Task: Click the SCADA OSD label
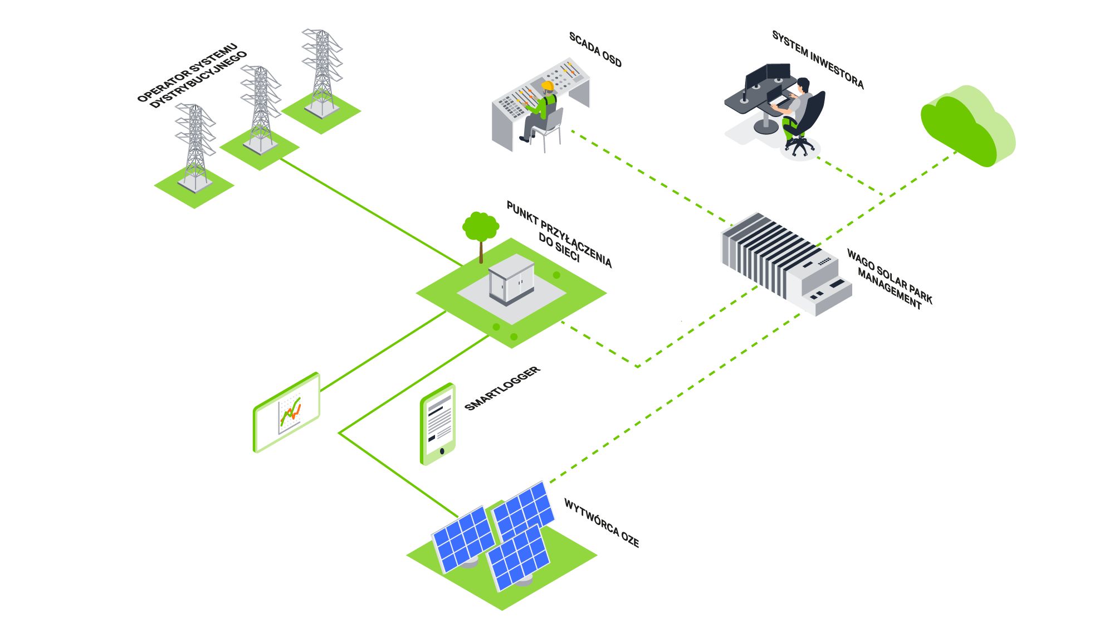[x=595, y=50]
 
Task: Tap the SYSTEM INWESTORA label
[x=818, y=60]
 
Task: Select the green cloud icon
[x=968, y=126]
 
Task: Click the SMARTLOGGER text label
[x=502, y=388]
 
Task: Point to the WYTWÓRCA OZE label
[x=602, y=523]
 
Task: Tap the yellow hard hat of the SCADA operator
[x=548, y=86]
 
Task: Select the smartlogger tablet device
[x=438, y=424]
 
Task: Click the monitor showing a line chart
[x=286, y=412]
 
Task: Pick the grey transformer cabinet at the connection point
[x=511, y=279]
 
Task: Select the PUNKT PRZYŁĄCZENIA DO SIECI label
[x=559, y=235]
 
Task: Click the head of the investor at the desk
[x=803, y=85]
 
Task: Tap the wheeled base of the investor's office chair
[x=799, y=147]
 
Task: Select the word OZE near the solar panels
[x=630, y=539]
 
